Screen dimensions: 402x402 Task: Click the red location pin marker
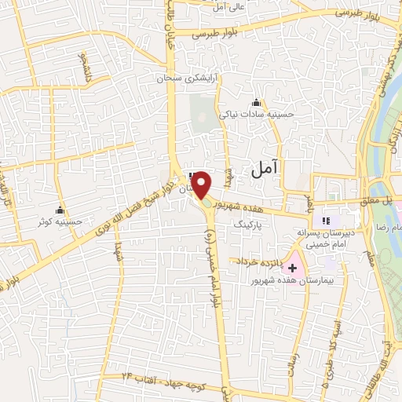click(x=202, y=185)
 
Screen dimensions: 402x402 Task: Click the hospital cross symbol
click(x=293, y=268)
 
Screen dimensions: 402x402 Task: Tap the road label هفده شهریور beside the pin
click(x=245, y=206)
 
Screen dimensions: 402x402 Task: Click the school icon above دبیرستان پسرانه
click(x=326, y=222)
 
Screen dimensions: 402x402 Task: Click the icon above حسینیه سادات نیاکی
click(x=256, y=103)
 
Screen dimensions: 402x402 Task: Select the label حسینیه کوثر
click(x=60, y=222)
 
